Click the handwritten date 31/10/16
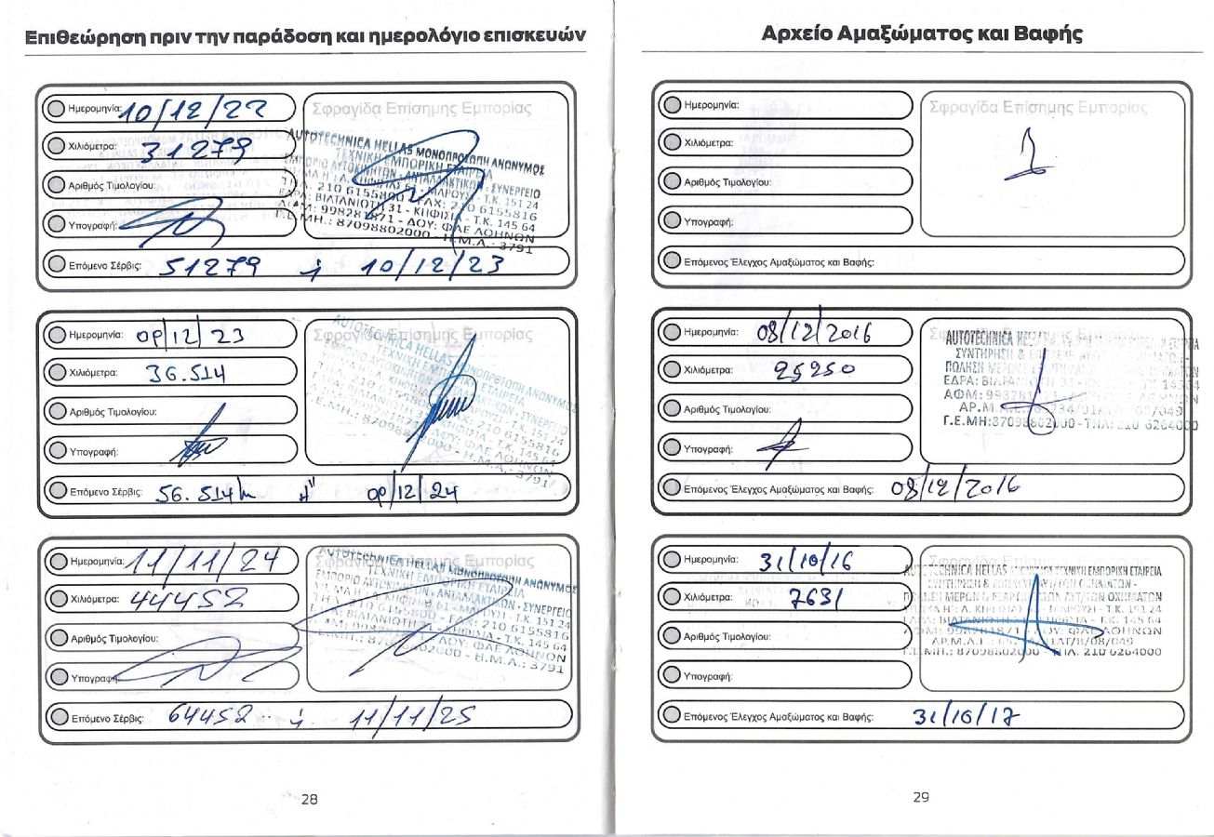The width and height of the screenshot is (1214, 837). [807, 562]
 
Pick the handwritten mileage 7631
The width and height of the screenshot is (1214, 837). [813, 601]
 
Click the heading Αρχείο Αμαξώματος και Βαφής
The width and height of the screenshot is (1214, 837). [922, 35]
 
